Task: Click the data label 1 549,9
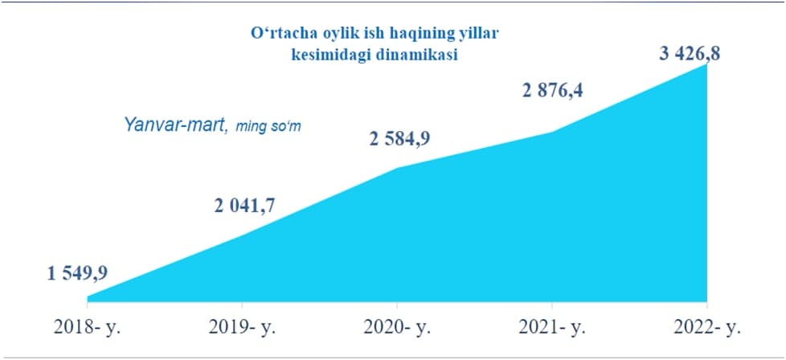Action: tap(78, 274)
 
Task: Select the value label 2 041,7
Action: tap(244, 205)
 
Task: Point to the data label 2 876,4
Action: tap(553, 92)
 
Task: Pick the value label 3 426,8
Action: tap(690, 53)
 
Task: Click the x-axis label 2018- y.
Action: tap(88, 328)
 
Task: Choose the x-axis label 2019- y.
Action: tap(242, 328)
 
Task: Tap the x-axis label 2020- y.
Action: tap(398, 328)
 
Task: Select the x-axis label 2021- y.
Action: tap(552, 328)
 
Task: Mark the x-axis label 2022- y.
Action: tap(706, 328)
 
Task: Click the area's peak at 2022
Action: tap(706, 64)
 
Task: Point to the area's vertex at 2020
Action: tap(398, 167)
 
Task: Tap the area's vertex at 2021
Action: tap(552, 133)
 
